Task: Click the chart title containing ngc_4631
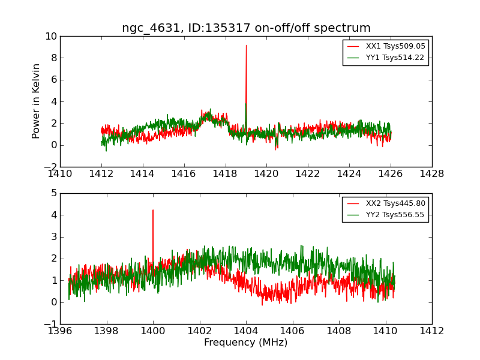(x=246, y=28)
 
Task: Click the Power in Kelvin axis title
(x=37, y=101)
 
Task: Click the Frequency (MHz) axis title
(x=246, y=343)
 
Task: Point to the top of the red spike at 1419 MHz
(x=246, y=46)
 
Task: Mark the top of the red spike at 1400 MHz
(x=153, y=210)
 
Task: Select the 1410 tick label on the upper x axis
(x=60, y=174)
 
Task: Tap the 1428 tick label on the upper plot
(x=432, y=174)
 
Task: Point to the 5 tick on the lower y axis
(x=54, y=193)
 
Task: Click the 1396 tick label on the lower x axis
(x=60, y=331)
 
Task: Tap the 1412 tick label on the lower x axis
(x=432, y=331)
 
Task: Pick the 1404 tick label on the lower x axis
(x=246, y=331)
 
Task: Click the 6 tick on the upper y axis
(x=54, y=80)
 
